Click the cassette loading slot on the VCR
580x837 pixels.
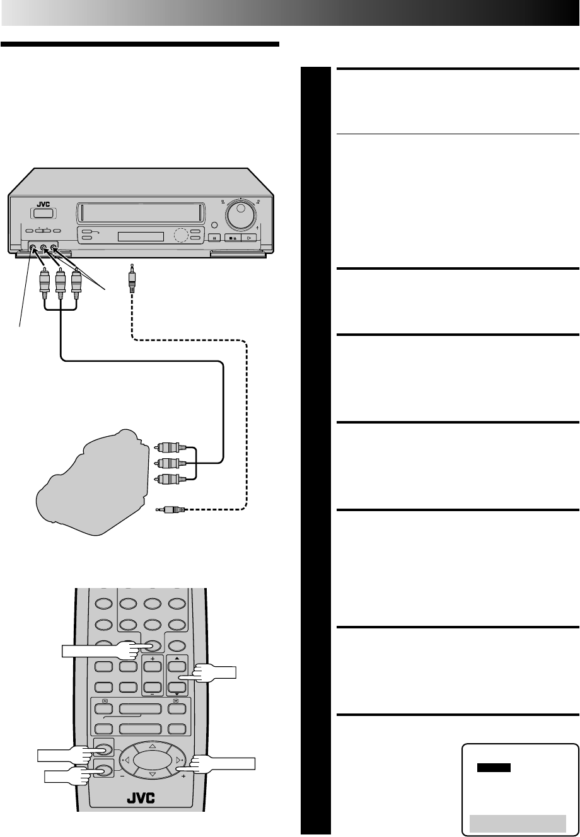click(139, 213)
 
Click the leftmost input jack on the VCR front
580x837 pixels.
click(33, 249)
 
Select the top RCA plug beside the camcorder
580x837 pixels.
click(169, 448)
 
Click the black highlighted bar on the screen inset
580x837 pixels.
click(494, 768)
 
